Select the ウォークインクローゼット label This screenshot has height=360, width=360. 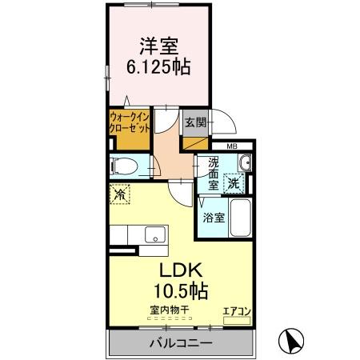point(128,125)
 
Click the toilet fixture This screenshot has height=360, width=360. point(125,166)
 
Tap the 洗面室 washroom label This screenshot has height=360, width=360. point(213,174)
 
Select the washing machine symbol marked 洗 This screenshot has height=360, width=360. point(233,181)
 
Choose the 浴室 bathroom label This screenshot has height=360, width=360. point(212,217)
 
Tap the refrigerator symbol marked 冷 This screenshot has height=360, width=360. point(119,194)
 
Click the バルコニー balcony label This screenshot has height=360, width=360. point(180,344)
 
